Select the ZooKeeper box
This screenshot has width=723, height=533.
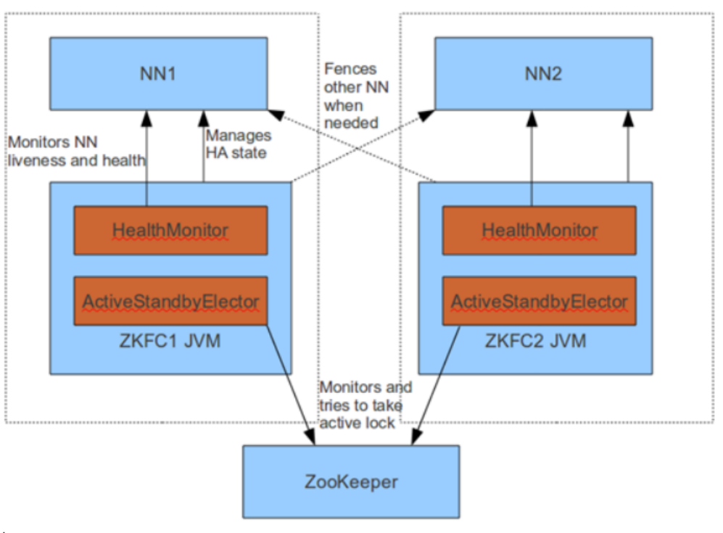click(350, 481)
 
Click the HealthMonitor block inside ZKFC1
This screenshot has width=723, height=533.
click(170, 231)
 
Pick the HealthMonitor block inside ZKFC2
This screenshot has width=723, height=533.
click(540, 231)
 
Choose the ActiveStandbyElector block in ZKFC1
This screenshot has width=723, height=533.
click(170, 301)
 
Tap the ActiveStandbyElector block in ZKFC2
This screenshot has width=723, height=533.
click(540, 301)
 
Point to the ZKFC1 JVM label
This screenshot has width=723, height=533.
click(170, 340)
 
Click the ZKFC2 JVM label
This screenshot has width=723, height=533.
click(540, 340)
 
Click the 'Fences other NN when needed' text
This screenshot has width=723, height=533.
click(351, 96)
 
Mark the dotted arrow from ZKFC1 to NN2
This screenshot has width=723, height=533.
click(363, 146)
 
